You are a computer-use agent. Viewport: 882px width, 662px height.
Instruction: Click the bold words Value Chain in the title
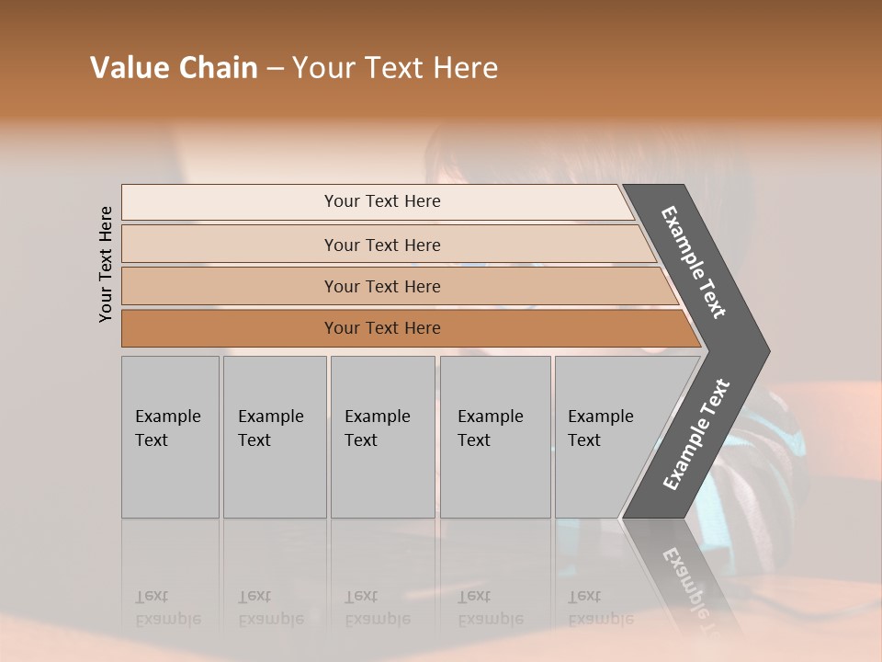(174, 68)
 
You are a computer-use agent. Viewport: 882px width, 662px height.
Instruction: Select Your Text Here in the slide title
(395, 68)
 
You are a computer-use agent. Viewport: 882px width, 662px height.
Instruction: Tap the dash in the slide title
(275, 69)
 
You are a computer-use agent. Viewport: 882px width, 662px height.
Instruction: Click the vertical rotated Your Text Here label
(106, 264)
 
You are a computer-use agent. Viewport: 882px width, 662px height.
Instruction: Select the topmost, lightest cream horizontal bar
(377, 201)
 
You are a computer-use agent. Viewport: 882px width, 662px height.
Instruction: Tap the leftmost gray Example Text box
(170, 437)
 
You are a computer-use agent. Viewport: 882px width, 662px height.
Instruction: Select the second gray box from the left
(275, 437)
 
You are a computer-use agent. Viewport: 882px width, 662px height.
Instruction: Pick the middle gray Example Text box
(382, 437)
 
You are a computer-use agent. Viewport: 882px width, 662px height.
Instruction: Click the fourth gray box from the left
(495, 437)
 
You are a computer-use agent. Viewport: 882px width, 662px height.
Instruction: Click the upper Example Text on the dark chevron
(695, 262)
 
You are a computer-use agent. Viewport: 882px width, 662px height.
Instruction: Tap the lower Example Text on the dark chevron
(696, 435)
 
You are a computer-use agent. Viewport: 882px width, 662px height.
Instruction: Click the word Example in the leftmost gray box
(167, 417)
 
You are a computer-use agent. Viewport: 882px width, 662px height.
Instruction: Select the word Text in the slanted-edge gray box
(584, 440)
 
